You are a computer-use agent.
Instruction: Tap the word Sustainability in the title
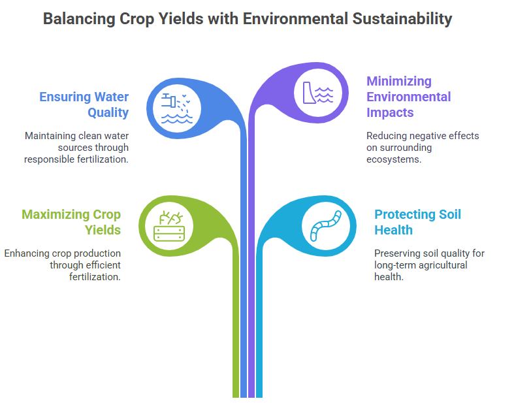pos(402,19)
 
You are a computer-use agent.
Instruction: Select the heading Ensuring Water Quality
pos(84,105)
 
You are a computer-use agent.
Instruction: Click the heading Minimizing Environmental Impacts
pos(408,97)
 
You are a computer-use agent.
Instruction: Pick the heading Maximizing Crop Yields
pos(71,222)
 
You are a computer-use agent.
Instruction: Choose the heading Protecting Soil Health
pos(417,222)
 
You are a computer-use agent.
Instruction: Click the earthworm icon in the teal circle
pos(326,226)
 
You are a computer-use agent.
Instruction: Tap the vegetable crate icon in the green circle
pos(169,226)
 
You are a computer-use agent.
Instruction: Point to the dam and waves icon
pos(318,93)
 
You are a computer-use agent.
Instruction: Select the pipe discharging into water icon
pos(177,108)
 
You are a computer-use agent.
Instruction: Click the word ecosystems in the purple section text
pos(393,159)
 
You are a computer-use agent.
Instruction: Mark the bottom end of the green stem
pos(236,397)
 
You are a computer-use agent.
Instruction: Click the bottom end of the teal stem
pos(259,397)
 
